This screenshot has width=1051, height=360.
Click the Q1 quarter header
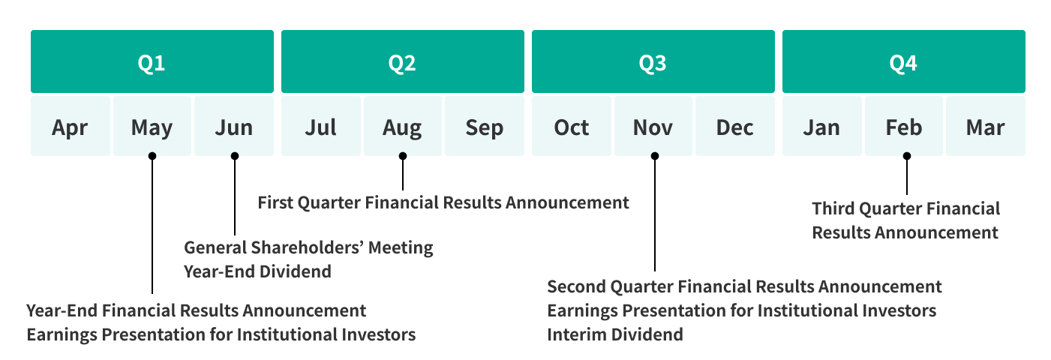click(152, 61)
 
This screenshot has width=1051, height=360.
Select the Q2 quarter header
click(403, 61)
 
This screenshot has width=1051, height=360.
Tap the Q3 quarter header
click(653, 61)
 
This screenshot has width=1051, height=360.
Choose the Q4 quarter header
click(904, 61)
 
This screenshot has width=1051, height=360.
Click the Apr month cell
click(71, 126)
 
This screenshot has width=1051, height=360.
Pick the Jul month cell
click(321, 126)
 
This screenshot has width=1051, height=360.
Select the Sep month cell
click(484, 126)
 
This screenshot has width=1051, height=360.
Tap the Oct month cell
click(572, 126)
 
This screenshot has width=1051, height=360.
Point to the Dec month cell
click(734, 126)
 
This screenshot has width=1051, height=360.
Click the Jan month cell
click(822, 126)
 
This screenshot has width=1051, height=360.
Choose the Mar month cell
click(985, 126)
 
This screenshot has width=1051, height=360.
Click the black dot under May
click(152, 156)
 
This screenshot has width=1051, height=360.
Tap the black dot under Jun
click(235, 156)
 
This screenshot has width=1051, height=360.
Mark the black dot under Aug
click(403, 156)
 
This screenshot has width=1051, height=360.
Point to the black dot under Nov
click(655, 156)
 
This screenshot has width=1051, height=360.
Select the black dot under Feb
click(906, 156)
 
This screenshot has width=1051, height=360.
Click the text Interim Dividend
click(615, 334)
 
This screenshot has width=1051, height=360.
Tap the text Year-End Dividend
click(257, 271)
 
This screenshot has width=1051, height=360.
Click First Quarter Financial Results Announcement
click(443, 202)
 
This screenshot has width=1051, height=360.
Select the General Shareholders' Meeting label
click(308, 247)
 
